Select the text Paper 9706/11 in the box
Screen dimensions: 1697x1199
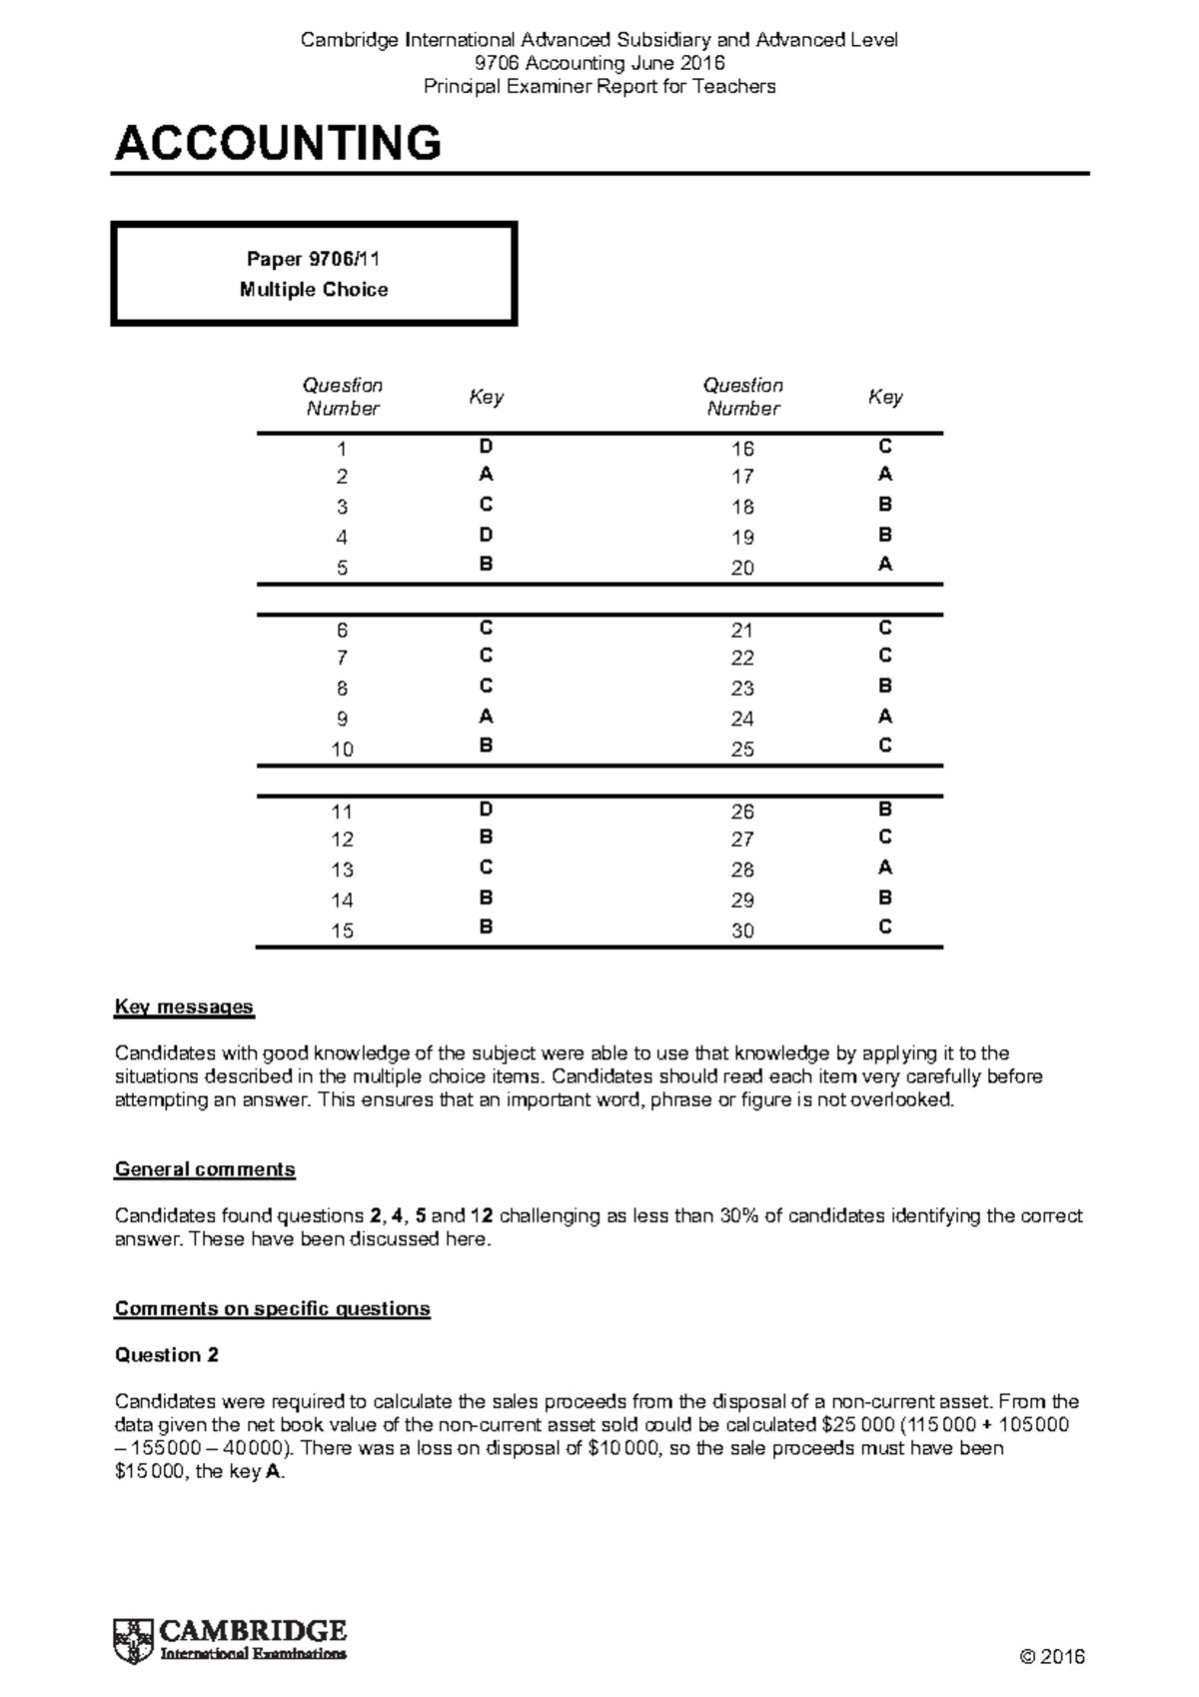pyautogui.click(x=313, y=259)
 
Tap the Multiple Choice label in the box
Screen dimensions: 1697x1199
pyautogui.click(x=313, y=290)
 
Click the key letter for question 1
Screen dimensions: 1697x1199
pyautogui.click(x=486, y=447)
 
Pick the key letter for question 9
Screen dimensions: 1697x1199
pyautogui.click(x=486, y=717)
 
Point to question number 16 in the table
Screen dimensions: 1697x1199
pyautogui.click(x=741, y=449)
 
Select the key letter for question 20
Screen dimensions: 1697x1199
pyautogui.click(x=884, y=565)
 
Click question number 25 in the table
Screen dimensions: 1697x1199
pyautogui.click(x=741, y=750)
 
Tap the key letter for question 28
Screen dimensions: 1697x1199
pyautogui.click(x=884, y=867)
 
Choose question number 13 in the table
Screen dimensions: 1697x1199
pyautogui.click(x=342, y=869)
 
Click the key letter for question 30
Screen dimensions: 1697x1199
pyautogui.click(x=884, y=927)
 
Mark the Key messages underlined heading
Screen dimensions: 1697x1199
pyautogui.click(x=184, y=1006)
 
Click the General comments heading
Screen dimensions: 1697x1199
pyautogui.click(x=205, y=1169)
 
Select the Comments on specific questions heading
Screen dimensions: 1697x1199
pyautogui.click(x=272, y=1308)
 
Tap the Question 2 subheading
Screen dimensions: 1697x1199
pyautogui.click(x=167, y=1355)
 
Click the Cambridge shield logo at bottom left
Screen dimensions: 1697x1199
pyautogui.click(x=133, y=1640)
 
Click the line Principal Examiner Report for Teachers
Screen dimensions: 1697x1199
pyautogui.click(x=599, y=87)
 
